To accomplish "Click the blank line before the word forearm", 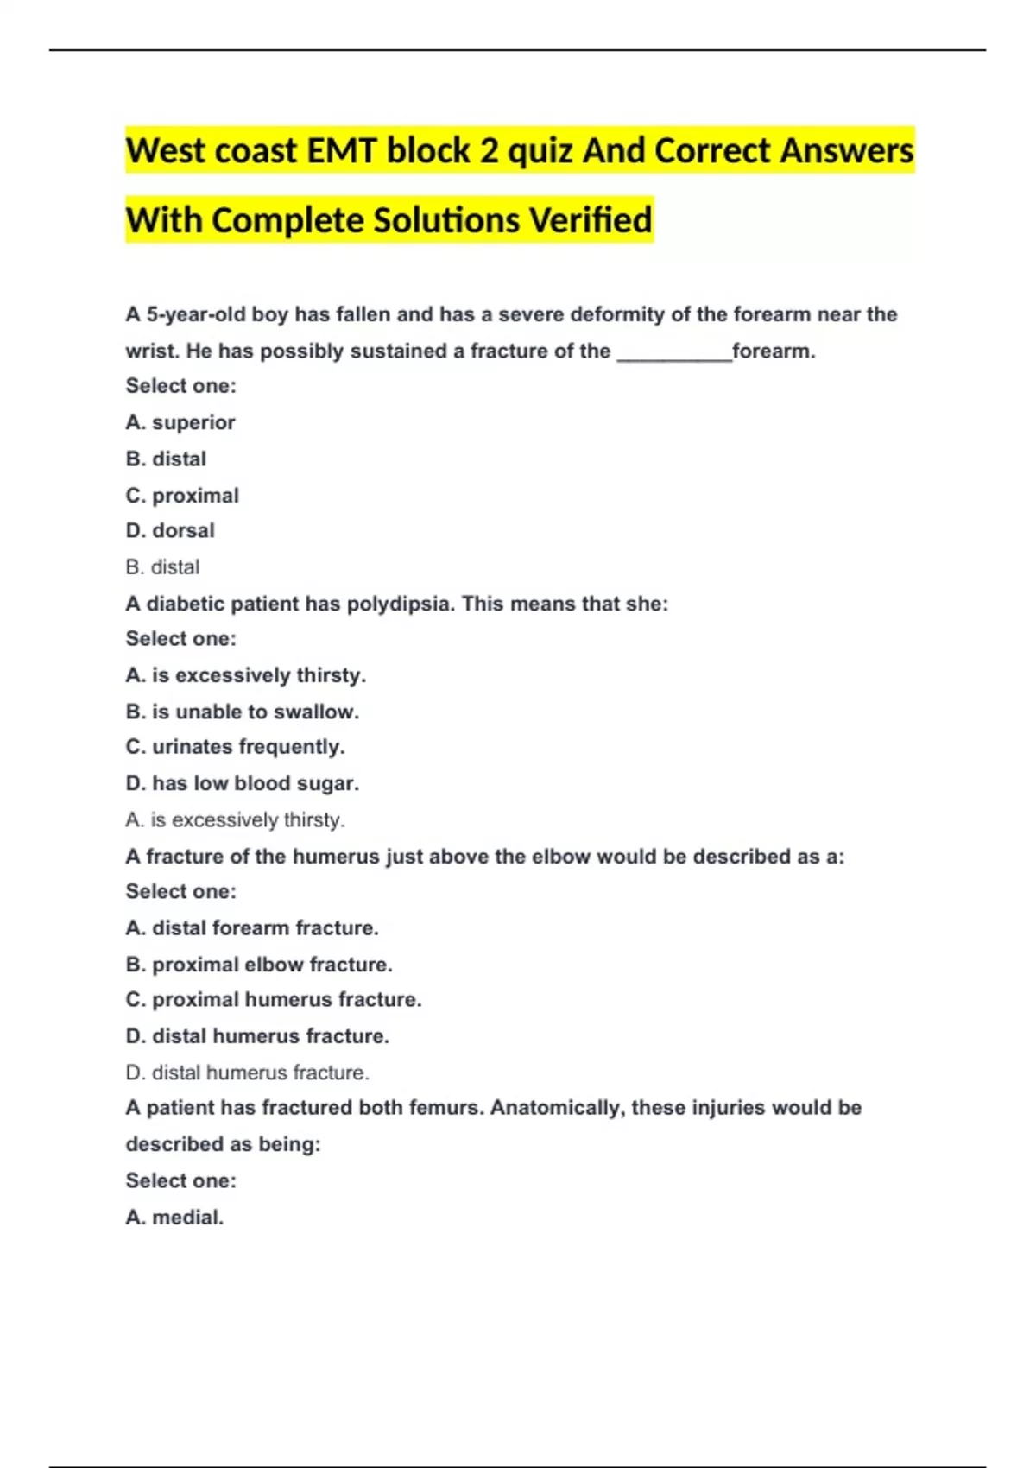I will coord(674,351).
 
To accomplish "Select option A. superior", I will coord(180,422).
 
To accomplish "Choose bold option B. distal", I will coord(166,459).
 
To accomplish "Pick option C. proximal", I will coord(182,496).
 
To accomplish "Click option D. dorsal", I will coord(170,530).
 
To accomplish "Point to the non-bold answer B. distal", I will coord(162,567).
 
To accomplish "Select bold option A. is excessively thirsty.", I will coord(246,675).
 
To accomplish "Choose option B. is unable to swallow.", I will coord(243,712).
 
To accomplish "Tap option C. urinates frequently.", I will coord(235,746).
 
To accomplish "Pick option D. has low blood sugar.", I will coord(243,783).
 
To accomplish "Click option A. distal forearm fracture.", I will coord(252,927).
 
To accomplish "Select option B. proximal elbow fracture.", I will coord(259,964).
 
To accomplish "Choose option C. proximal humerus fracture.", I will coord(274,999).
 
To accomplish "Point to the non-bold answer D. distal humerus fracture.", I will coord(248,1073).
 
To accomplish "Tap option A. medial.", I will coord(174,1217).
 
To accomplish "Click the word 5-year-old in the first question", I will coord(196,314).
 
